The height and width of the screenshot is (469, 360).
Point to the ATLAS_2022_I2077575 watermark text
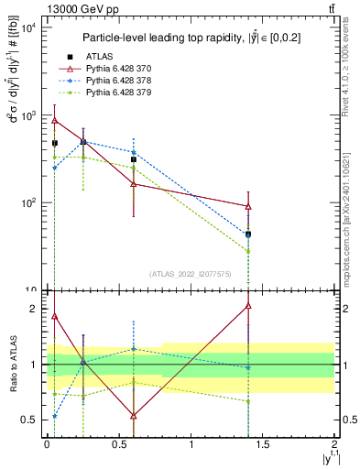click(x=191, y=274)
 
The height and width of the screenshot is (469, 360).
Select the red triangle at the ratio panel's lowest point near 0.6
click(x=134, y=416)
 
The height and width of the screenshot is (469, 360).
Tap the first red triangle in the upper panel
click(x=55, y=120)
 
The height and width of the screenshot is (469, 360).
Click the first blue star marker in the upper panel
click(x=55, y=168)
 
